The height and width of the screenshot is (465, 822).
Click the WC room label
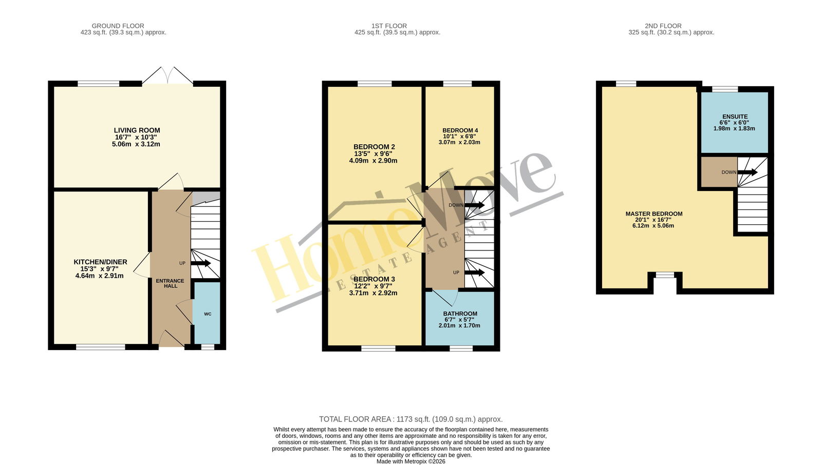click(208, 314)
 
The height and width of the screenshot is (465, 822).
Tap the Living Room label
click(137, 130)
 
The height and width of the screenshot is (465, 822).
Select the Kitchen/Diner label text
click(101, 262)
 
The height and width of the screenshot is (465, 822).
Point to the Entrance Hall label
click(170, 283)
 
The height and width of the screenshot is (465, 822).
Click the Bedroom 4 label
click(460, 130)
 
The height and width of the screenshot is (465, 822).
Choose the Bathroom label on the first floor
click(460, 314)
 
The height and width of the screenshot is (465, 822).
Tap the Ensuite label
click(734, 117)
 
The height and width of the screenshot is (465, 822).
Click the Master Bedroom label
click(654, 214)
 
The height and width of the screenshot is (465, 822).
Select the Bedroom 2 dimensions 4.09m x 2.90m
click(373, 161)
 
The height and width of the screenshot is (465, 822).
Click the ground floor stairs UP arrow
click(201, 263)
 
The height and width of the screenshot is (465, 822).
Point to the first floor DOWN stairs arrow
click(475, 205)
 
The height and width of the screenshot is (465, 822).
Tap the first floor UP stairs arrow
click(475, 273)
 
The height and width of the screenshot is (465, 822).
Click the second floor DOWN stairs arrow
click(748, 172)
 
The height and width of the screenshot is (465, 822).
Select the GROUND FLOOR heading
click(118, 26)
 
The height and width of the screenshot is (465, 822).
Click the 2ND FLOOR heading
click(663, 26)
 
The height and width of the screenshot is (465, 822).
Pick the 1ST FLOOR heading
click(389, 26)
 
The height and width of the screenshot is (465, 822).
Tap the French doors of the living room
click(167, 76)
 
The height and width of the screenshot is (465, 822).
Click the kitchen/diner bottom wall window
click(101, 347)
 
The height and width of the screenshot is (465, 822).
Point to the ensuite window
click(725, 89)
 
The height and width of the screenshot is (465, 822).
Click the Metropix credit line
click(411, 461)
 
